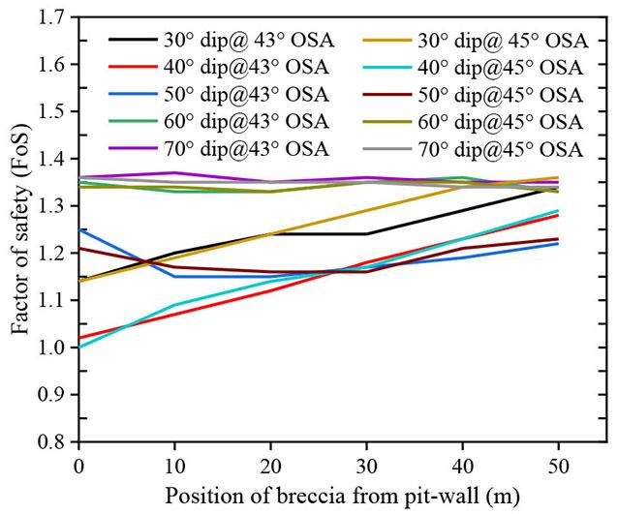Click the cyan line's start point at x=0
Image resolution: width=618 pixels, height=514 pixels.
pos(78,347)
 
